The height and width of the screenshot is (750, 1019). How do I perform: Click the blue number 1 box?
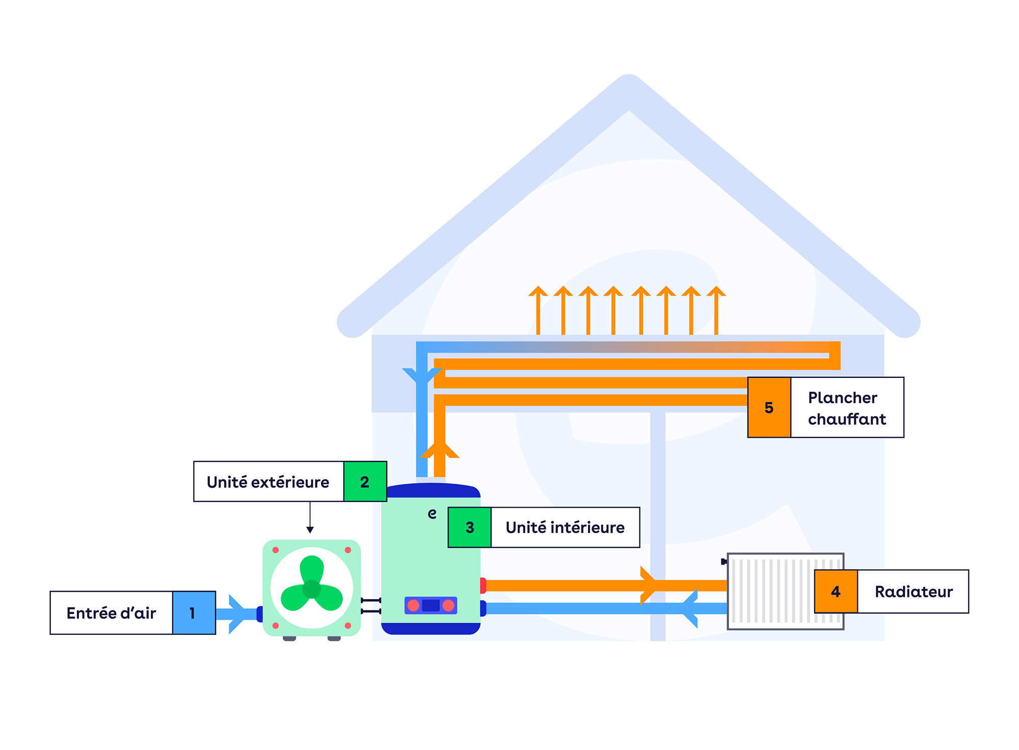[x=194, y=613]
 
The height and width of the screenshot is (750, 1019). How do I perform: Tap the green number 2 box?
[x=365, y=482]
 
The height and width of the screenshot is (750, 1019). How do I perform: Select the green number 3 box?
[x=469, y=527]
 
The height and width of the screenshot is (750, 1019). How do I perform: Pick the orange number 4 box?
[x=836, y=592]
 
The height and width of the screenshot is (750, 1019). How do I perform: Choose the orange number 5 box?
[x=769, y=407]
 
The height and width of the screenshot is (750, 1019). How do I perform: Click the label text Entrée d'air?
[x=111, y=613]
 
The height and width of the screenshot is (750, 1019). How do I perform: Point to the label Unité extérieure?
[x=268, y=482]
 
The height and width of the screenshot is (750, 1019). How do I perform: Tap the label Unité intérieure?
[x=565, y=527]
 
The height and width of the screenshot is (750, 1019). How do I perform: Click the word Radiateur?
[x=914, y=592]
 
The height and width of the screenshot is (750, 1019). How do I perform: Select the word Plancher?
[x=843, y=398]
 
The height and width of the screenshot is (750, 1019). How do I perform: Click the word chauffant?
[x=847, y=419]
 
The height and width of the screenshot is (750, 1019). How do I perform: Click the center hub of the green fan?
[x=312, y=589]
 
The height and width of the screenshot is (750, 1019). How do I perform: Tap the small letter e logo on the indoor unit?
[x=432, y=514]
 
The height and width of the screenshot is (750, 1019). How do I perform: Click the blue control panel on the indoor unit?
[x=431, y=605]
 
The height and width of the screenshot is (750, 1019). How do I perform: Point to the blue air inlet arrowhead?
[x=237, y=614]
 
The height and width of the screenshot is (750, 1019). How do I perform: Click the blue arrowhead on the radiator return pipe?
[x=690, y=608]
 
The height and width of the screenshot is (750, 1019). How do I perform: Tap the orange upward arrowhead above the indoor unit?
[x=439, y=451]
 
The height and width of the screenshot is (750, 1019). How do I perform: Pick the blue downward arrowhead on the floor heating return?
[x=421, y=375]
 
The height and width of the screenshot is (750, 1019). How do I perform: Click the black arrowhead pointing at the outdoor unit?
[x=310, y=530]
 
